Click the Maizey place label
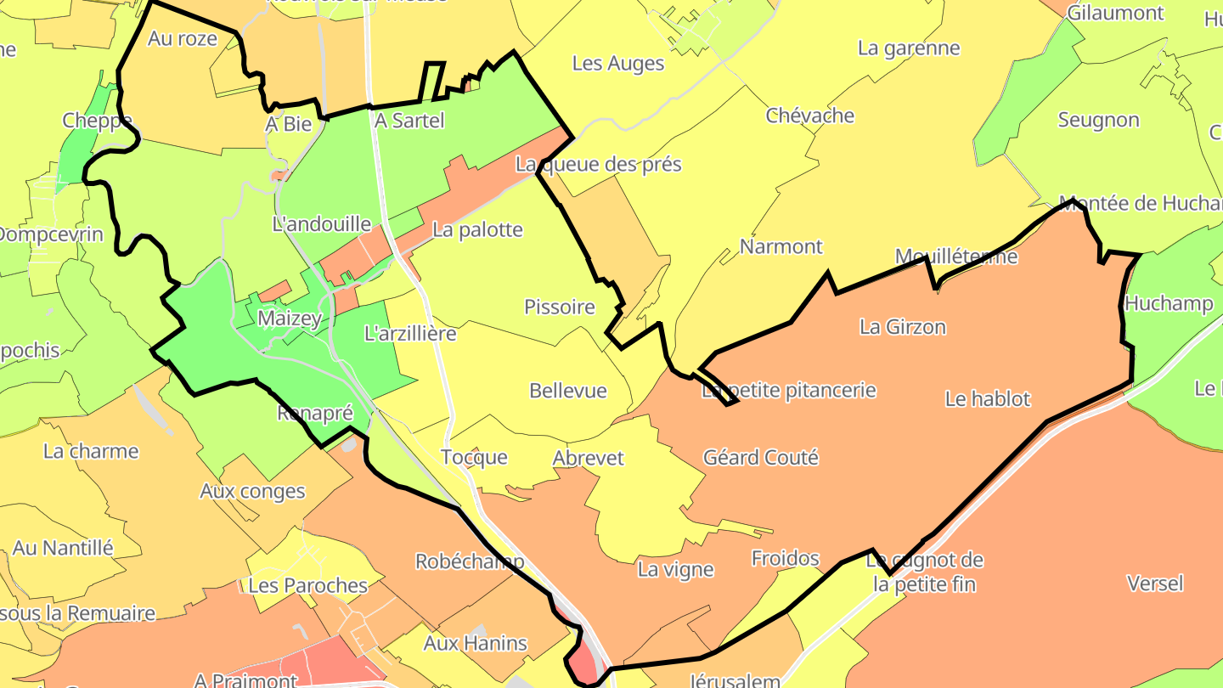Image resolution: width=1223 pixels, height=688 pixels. pyautogui.click(x=290, y=319)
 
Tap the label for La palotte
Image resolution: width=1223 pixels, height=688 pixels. pyautogui.click(x=477, y=230)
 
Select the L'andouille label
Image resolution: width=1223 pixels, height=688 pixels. pyautogui.click(x=321, y=224)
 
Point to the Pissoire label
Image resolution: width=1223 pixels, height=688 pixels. pyautogui.click(x=560, y=307)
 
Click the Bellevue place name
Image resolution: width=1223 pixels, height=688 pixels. pyautogui.click(x=568, y=391)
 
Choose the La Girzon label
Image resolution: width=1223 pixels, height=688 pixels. pyautogui.click(x=902, y=327)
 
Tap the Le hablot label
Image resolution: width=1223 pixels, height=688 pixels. pyautogui.click(x=987, y=399)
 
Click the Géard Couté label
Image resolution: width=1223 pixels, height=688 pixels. pyautogui.click(x=761, y=458)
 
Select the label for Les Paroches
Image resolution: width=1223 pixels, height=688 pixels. pyautogui.click(x=307, y=586)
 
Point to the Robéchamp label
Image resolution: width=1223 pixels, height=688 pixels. pyautogui.click(x=470, y=562)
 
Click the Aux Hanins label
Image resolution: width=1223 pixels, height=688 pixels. pyautogui.click(x=476, y=644)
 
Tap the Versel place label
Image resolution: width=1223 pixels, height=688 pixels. pyautogui.click(x=1155, y=584)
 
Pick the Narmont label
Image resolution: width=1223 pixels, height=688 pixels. pyautogui.click(x=781, y=247)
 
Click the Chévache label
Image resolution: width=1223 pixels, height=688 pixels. pyautogui.click(x=810, y=116)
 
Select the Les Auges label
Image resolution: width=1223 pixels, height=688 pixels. pyautogui.click(x=618, y=64)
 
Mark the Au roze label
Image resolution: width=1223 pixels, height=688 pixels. pyautogui.click(x=183, y=38)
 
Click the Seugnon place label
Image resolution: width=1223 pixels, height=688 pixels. pyautogui.click(x=1098, y=121)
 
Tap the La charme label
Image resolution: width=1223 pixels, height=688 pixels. pyautogui.click(x=91, y=451)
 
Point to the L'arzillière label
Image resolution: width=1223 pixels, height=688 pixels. pyautogui.click(x=410, y=334)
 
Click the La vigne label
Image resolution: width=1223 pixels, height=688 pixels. pyautogui.click(x=676, y=570)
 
